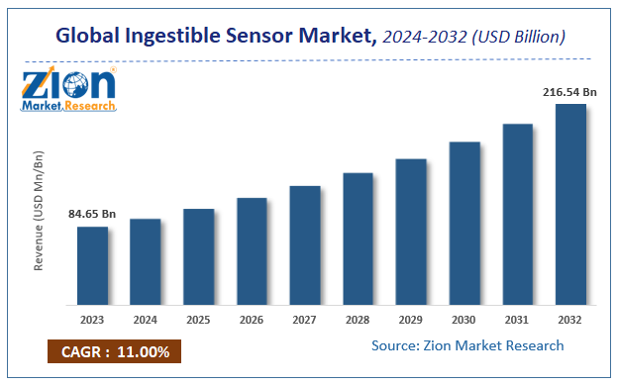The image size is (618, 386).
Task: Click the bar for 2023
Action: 92,265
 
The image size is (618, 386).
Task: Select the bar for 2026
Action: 252,250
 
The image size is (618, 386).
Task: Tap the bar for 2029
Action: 410,232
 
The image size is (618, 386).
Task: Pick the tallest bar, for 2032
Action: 569,204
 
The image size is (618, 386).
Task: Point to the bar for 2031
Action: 516,214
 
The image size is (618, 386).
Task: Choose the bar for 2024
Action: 146,261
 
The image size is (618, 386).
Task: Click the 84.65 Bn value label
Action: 92,214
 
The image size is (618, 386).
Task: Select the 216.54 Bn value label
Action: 568,91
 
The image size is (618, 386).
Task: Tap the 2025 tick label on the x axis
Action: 198,321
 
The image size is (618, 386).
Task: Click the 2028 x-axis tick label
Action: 358,321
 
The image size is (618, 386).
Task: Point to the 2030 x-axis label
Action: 463,321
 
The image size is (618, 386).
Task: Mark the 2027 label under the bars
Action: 304,321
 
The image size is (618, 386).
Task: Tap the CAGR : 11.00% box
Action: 114,351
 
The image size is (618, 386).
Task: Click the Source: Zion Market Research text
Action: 467,345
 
